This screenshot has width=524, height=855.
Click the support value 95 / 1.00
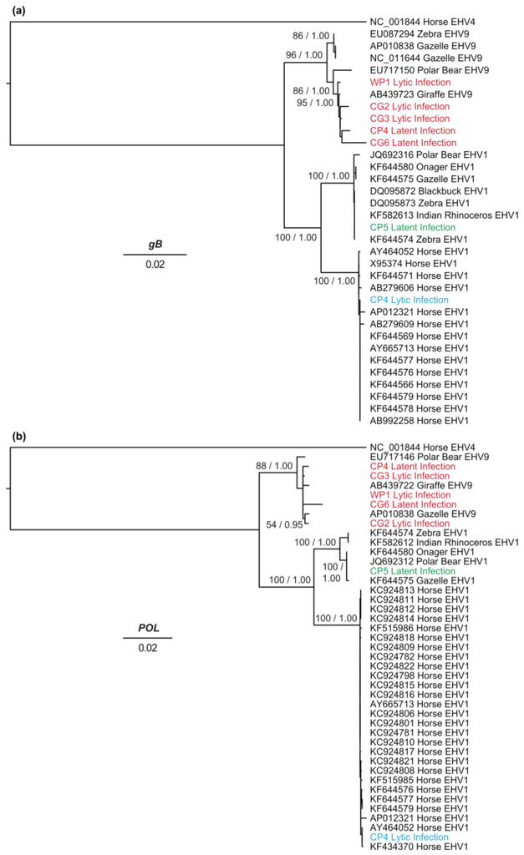click(314, 104)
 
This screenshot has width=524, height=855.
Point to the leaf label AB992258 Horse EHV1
click(415, 420)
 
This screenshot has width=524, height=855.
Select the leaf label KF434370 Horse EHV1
click(415, 847)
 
